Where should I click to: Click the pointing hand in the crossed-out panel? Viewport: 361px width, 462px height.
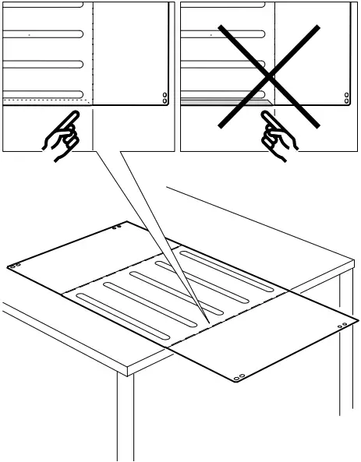click(278, 137)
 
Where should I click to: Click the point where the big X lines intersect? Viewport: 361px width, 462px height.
click(268, 76)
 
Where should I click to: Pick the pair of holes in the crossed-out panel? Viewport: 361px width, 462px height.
click(347, 98)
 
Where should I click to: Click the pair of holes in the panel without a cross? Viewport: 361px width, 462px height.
click(165, 98)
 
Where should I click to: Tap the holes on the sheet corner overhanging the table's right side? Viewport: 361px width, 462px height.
click(343, 324)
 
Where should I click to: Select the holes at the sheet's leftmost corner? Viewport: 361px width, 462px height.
click(14, 266)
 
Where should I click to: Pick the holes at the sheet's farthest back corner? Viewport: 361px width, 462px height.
click(116, 228)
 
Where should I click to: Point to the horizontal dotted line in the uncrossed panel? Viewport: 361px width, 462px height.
click(47, 101)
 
